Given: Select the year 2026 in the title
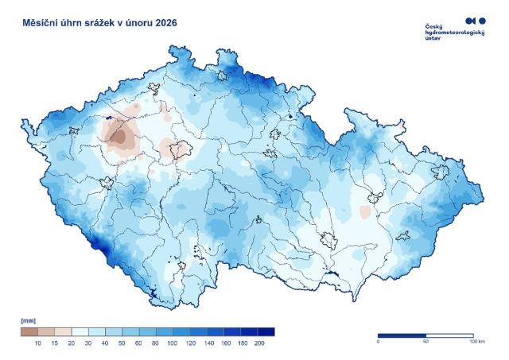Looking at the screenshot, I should (x=161, y=23).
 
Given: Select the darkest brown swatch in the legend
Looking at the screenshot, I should (x=29, y=331).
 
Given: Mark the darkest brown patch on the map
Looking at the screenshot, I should (x=119, y=137).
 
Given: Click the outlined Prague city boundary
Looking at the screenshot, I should (x=181, y=148).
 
